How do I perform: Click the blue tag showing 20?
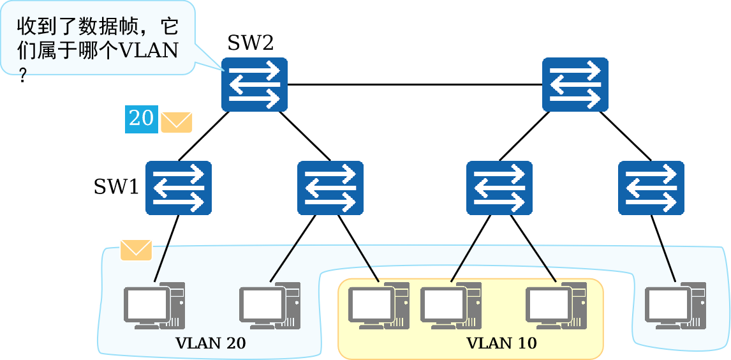(141, 119)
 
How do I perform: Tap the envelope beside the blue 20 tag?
(176, 122)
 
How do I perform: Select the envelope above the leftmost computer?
(136, 250)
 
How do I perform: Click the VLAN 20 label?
(210, 343)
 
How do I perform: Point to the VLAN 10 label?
(501, 343)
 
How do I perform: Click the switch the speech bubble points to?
(255, 84)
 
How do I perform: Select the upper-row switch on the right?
(575, 84)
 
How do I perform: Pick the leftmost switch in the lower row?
(178, 188)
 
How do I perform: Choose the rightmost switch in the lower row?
(651, 188)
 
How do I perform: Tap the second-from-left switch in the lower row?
(330, 188)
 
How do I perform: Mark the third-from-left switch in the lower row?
(499, 188)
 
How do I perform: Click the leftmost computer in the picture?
(154, 306)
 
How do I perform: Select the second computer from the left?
(269, 306)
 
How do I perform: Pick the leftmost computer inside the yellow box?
(378, 306)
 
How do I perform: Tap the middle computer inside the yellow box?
(450, 306)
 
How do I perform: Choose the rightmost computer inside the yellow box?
(556, 306)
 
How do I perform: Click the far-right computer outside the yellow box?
(675, 306)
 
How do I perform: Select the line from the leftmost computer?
(161, 263)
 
